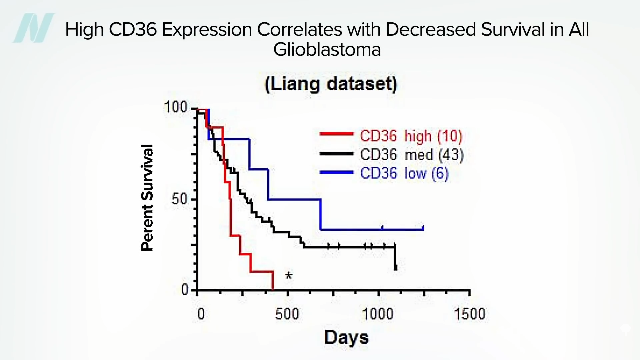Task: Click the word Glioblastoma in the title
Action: (327, 50)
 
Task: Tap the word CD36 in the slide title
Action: (133, 30)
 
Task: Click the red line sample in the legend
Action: (336, 134)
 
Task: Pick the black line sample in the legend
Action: (336, 154)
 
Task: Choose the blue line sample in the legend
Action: (336, 172)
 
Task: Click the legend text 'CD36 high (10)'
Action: (411, 136)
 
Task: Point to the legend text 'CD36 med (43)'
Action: (412, 155)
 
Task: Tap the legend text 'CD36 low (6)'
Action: (404, 174)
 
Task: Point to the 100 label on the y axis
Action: (176, 107)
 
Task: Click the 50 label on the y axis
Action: (180, 199)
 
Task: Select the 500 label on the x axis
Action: (287, 314)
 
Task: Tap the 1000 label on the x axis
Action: (378, 314)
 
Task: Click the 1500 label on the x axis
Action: (470, 314)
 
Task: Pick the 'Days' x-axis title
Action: (346, 337)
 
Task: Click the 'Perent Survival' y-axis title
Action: (147, 198)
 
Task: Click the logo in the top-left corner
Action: (33, 28)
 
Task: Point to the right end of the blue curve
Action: (423, 228)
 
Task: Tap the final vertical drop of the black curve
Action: (395, 257)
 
